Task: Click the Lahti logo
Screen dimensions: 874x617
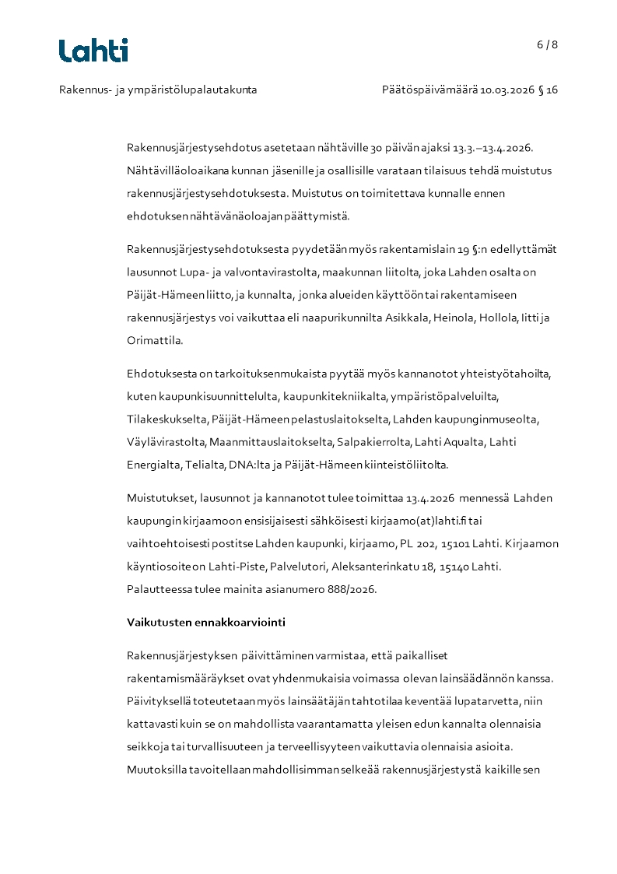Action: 93,51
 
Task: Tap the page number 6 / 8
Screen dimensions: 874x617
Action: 547,44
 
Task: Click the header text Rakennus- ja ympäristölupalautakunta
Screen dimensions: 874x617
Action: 158,90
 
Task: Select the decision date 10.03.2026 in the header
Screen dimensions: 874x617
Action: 508,90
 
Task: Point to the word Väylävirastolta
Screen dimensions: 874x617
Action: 166,442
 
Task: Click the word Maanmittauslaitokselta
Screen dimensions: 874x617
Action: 272,442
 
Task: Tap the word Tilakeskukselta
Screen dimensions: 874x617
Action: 167,419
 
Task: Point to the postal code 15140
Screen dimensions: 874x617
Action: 454,567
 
